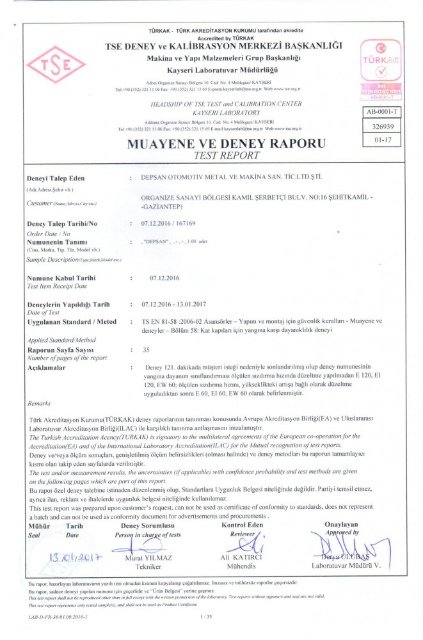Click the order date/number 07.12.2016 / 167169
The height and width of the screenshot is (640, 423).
[168, 224]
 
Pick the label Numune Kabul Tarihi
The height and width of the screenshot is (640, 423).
[61, 278]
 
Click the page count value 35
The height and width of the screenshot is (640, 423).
[146, 350]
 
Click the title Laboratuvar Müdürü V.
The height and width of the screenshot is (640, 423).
[346, 566]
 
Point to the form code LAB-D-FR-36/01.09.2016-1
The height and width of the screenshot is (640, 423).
[58, 616]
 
